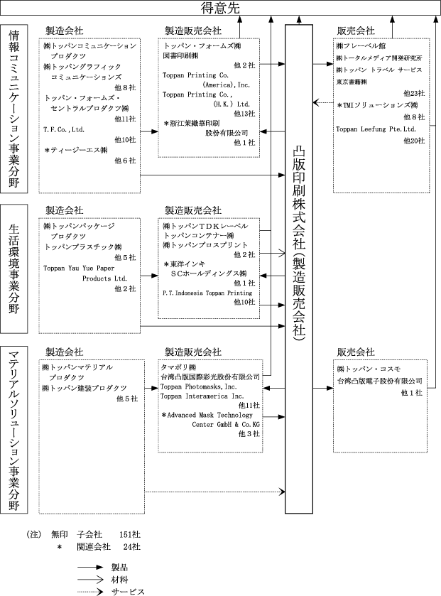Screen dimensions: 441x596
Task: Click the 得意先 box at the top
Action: pos(220,8)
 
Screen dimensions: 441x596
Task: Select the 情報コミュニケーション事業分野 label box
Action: pos(14,109)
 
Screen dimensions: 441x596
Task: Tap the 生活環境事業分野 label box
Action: pos(14,269)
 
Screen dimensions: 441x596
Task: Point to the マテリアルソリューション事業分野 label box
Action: pos(14,430)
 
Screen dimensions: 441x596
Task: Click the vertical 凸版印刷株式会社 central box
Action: pos(299,269)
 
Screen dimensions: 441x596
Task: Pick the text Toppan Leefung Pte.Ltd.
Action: pos(376,129)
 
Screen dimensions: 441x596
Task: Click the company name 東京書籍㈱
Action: pos(352,82)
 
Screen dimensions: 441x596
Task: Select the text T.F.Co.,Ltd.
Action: pos(64,129)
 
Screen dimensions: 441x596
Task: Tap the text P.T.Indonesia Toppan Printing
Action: pos(207,293)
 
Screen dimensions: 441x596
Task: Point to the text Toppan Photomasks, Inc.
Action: pos(198,387)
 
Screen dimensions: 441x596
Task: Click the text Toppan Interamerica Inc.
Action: pos(202,396)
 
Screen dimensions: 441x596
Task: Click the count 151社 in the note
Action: pos(130,534)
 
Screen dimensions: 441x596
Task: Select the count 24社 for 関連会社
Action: pos(132,546)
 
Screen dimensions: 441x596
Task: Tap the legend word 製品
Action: pos(119,568)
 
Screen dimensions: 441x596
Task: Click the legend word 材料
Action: pos(119,580)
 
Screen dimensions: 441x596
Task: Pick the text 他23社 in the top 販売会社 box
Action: pos(414,94)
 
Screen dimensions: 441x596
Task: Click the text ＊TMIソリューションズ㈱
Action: pos(378,105)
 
